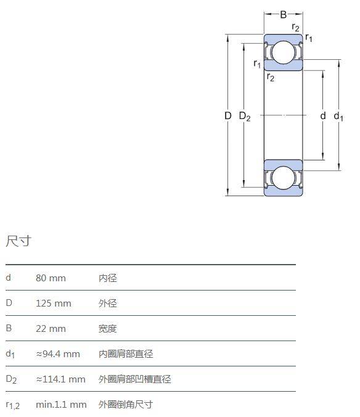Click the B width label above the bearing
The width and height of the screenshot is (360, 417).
pyautogui.click(x=283, y=14)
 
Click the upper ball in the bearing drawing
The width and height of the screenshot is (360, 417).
pyautogui.click(x=283, y=52)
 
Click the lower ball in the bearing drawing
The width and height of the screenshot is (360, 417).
pyautogui.click(x=283, y=178)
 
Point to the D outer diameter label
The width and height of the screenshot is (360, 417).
pyautogui.click(x=228, y=116)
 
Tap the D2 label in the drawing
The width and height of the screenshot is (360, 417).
pyautogui.click(x=245, y=116)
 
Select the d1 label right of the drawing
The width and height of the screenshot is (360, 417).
pyautogui.click(x=338, y=116)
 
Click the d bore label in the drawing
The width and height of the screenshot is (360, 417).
pyautogui.click(x=323, y=116)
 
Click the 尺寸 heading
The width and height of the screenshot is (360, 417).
pyautogui.click(x=18, y=241)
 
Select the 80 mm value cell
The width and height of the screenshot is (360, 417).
pyautogui.click(x=51, y=278)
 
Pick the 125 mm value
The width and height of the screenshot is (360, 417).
pyautogui.click(x=54, y=303)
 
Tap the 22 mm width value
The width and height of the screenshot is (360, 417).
pyautogui.click(x=51, y=329)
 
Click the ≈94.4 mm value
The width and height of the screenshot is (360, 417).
pyautogui.click(x=58, y=354)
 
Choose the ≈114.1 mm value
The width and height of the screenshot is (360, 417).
pyautogui.click(x=60, y=379)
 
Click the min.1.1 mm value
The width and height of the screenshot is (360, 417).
pyautogui.click(x=61, y=405)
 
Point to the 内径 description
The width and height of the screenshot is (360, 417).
pyautogui.click(x=108, y=278)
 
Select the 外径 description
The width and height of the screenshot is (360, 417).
pyautogui.click(x=108, y=303)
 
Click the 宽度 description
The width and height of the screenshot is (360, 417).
pyautogui.click(x=108, y=329)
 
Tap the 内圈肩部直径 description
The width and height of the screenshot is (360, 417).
pyautogui.click(x=126, y=354)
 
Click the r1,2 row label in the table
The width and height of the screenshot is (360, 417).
pyautogui.click(x=13, y=405)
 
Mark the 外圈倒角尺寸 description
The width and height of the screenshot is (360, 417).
pyautogui.click(x=126, y=405)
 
